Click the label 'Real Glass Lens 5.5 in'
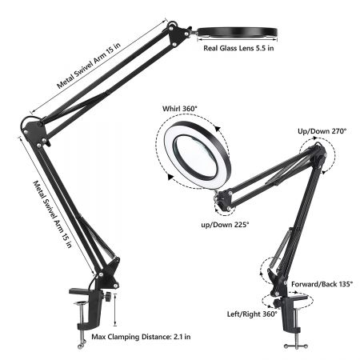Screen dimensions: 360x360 click(x=238, y=48)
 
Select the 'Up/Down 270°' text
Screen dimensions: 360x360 click(x=322, y=131)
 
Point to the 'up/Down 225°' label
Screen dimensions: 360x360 click(x=225, y=225)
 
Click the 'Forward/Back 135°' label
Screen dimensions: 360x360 click(x=322, y=284)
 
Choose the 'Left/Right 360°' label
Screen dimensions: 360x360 click(x=252, y=314)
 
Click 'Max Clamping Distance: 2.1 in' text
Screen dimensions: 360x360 click(x=141, y=337)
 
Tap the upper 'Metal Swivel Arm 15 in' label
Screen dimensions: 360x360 click(x=89, y=65)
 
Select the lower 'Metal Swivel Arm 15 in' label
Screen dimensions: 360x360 click(x=53, y=214)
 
